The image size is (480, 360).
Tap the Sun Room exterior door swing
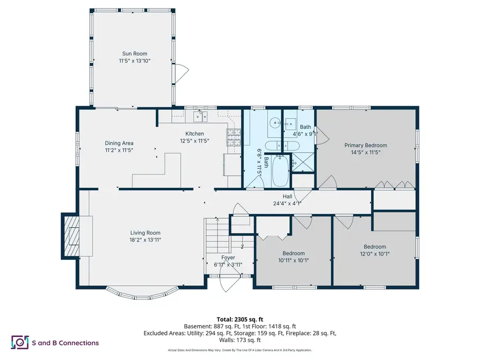[x=183, y=70]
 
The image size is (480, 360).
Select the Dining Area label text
[x=119, y=143]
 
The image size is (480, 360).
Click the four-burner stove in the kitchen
[x=234, y=137]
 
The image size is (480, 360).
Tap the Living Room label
[x=145, y=233]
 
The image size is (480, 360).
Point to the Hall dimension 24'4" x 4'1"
[x=287, y=203]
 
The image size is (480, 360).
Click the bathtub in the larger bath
[x=281, y=170]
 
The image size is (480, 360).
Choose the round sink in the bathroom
[x=275, y=123]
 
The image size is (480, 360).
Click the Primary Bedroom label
[x=365, y=145]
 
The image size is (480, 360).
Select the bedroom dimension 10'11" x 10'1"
[x=293, y=260]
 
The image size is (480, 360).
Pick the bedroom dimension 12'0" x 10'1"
[x=374, y=254]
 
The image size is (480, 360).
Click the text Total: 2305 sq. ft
[x=240, y=317]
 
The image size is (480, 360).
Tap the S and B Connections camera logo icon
[x=20, y=342]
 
